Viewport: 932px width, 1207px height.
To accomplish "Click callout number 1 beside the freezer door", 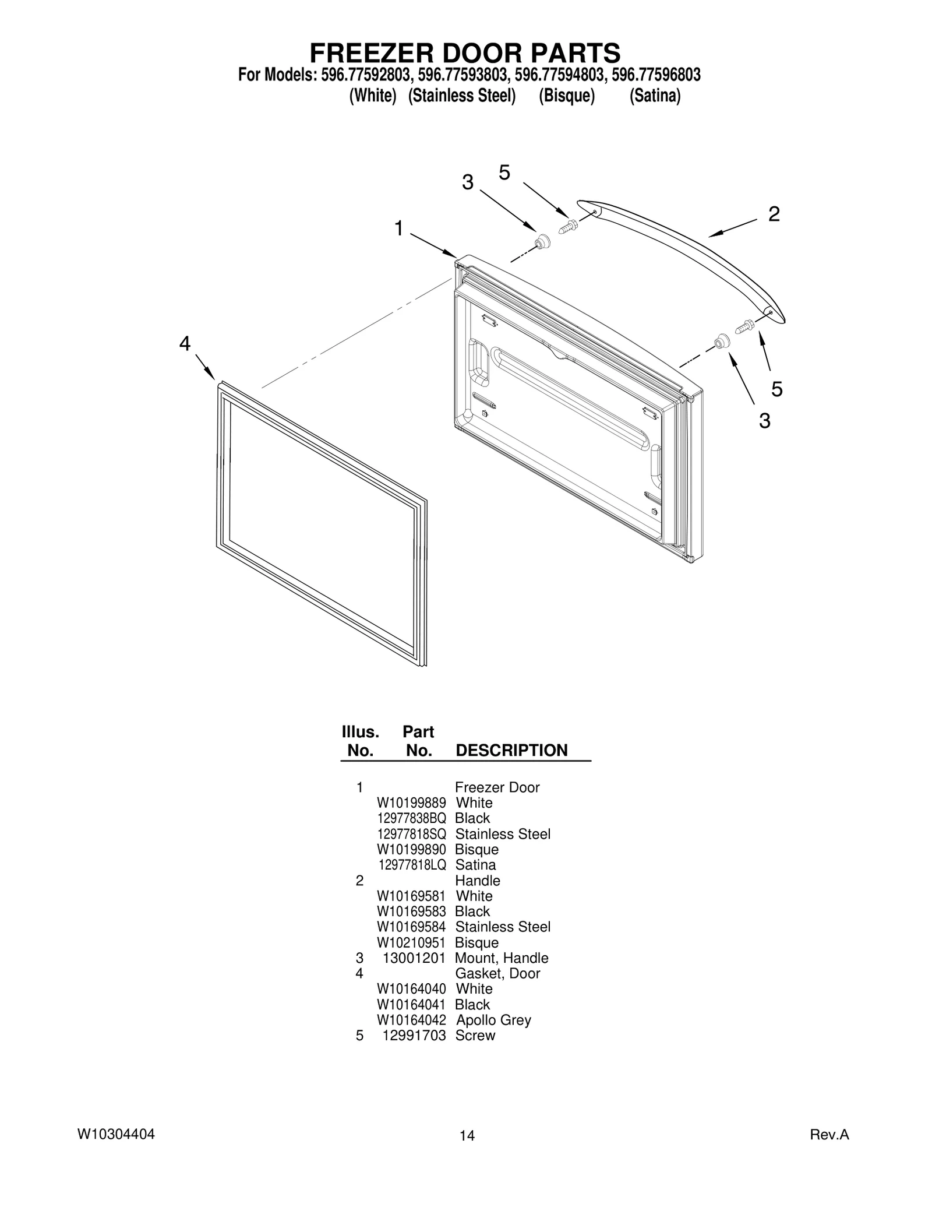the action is click(x=399, y=228).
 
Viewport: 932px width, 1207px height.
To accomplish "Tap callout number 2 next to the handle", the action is click(x=774, y=214).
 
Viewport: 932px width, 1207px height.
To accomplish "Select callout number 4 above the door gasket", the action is click(x=185, y=344).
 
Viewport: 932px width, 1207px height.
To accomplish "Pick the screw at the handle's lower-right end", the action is click(x=745, y=326).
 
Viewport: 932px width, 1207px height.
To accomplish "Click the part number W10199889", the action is click(x=411, y=803).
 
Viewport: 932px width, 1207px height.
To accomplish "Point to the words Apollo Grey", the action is click(x=493, y=1021).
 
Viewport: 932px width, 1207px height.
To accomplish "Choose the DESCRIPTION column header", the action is click(x=511, y=751).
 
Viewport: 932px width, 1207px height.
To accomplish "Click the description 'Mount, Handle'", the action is click(x=502, y=958).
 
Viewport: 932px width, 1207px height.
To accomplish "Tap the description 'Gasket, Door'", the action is click(x=497, y=973).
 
